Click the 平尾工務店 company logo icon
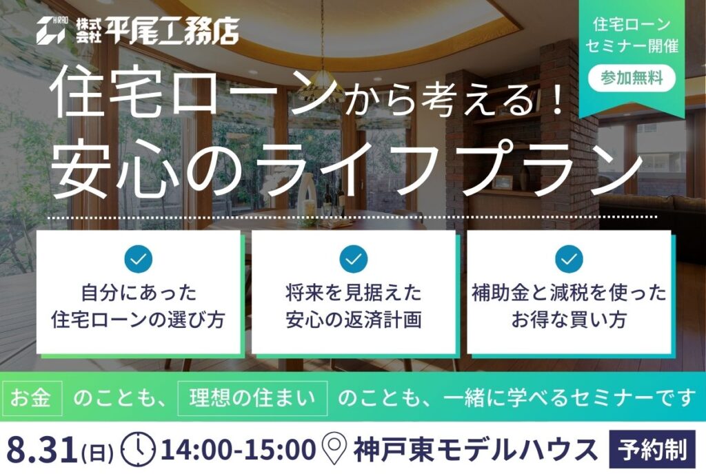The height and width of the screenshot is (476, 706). [x=51, y=30]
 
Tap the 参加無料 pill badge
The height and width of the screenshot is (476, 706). [x=632, y=79]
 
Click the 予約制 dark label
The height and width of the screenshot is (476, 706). [x=652, y=450]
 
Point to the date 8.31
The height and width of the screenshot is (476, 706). [x=41, y=449]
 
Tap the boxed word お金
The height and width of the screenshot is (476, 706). [x=30, y=398]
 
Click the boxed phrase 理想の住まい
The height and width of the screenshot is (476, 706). [x=252, y=398]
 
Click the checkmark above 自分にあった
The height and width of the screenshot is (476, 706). [x=138, y=259]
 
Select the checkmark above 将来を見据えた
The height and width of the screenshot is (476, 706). [x=354, y=259]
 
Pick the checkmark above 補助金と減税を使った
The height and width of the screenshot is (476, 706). [x=569, y=259]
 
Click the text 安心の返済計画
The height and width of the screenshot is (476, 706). [x=354, y=320]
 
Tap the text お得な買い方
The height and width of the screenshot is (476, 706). [x=569, y=320]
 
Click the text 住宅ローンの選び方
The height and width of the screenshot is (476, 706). [x=138, y=320]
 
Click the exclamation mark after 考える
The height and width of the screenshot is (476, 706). [x=557, y=99]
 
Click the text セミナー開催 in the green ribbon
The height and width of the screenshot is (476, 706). [x=632, y=46]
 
